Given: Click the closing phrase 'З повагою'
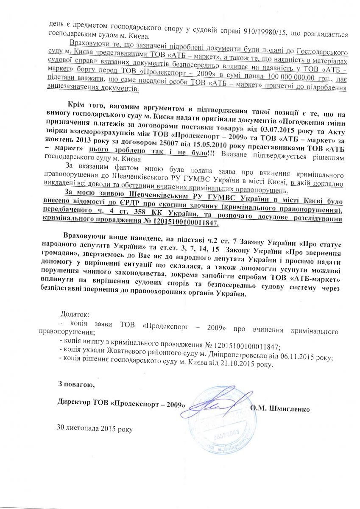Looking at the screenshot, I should tap(73, 384).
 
